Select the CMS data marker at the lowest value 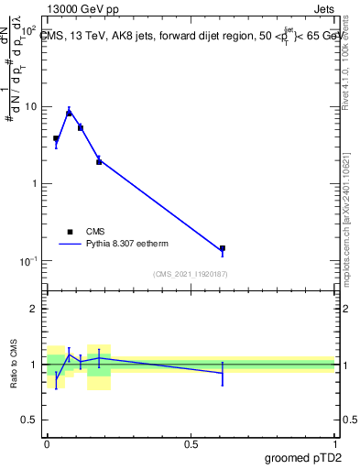coord(223,248)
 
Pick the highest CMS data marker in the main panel coord(69,113)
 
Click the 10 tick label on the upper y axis coord(31,106)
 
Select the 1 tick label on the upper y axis coord(35,183)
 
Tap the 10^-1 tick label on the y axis coord(29,261)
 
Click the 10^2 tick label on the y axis coord(29,29)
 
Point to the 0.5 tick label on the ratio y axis coord(30,421)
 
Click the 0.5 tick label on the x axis coord(191,444)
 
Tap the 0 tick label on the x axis coord(47,444)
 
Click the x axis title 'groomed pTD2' coord(303,458)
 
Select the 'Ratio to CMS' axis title coord(13,365)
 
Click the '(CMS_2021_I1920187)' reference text coord(191,274)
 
